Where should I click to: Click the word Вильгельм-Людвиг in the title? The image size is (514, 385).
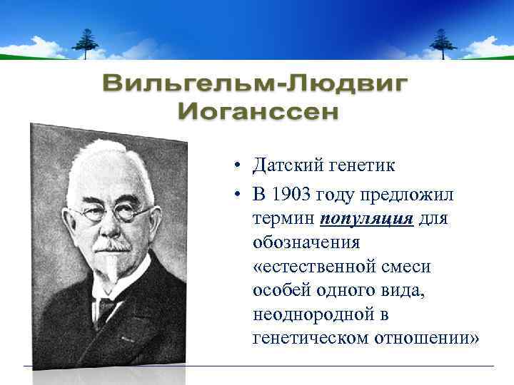pyautogui.click(x=256, y=86)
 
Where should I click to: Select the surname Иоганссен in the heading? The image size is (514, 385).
pyautogui.click(x=258, y=111)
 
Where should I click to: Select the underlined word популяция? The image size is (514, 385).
pyautogui.click(x=367, y=217)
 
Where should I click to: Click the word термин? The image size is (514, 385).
pyautogui.click(x=284, y=217)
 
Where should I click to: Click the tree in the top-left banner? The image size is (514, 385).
pyautogui.click(x=86, y=43)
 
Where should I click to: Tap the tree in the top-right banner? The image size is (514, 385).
pyautogui.click(x=443, y=43)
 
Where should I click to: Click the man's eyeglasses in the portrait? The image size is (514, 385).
pyautogui.click(x=114, y=212)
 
